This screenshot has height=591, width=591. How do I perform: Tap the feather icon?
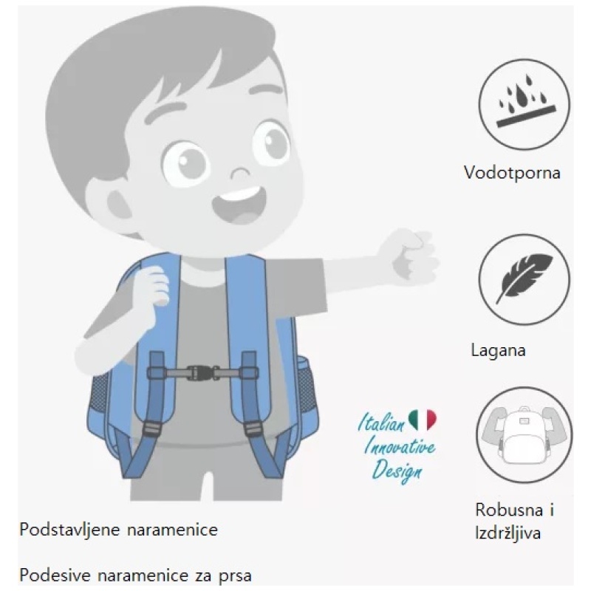tap(525, 277)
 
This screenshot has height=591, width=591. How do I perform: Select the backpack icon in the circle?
tap(525, 435)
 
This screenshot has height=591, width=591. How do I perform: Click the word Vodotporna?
tap(512, 173)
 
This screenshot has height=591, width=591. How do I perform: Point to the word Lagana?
tap(498, 350)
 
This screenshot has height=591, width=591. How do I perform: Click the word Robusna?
tap(509, 510)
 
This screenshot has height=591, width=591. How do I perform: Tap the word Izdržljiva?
tap(508, 533)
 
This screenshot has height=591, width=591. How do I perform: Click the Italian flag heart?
tap(422, 419)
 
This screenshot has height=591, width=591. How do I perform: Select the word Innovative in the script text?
tap(400, 448)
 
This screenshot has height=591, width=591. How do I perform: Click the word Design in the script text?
tap(397, 471)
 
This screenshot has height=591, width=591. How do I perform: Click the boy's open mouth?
tap(239, 205)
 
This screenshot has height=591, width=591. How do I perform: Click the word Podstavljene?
tap(69, 530)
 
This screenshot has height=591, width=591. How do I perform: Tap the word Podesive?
tap(55, 575)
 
